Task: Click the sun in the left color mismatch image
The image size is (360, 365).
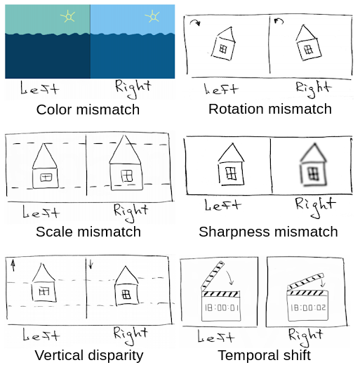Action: [68, 16]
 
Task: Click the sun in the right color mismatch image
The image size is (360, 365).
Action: [152, 16]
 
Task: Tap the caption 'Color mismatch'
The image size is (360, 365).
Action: [88, 109]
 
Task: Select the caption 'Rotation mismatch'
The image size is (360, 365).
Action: [270, 109]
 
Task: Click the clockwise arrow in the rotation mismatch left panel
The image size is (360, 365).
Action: [195, 22]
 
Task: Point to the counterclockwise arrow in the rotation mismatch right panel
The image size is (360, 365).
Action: [279, 21]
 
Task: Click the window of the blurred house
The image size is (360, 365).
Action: [313, 173]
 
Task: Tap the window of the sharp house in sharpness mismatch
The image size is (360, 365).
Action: [231, 173]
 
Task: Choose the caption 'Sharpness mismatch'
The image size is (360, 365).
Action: [268, 232]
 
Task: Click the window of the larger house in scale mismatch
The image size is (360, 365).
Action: [127, 175]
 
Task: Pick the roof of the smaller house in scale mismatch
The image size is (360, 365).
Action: [44, 156]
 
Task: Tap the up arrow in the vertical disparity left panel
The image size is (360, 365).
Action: [13, 266]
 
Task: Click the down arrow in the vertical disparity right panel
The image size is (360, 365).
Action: [91, 264]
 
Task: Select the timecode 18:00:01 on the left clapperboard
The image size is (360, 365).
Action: [221, 307]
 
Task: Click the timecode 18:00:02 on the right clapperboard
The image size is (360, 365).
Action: [308, 307]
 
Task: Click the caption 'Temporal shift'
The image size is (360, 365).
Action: [265, 355]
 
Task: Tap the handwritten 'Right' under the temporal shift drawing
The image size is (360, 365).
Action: [305, 336]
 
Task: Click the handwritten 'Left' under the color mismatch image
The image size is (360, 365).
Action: [39, 88]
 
